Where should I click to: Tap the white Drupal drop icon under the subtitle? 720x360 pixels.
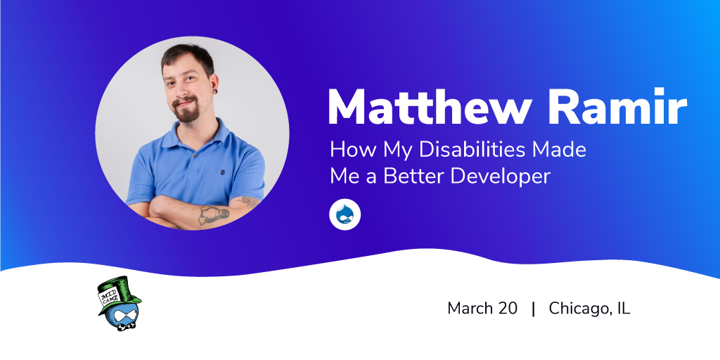(x=345, y=214)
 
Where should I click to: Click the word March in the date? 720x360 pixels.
(x=470, y=308)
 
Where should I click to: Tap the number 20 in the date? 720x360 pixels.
(x=508, y=308)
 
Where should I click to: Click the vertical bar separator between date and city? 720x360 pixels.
(x=533, y=309)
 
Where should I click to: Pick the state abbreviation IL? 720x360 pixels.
(x=624, y=308)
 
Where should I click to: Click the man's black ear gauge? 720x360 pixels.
(x=214, y=91)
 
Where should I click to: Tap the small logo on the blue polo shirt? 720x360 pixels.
(x=222, y=172)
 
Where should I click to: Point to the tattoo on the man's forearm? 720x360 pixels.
(x=214, y=214)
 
